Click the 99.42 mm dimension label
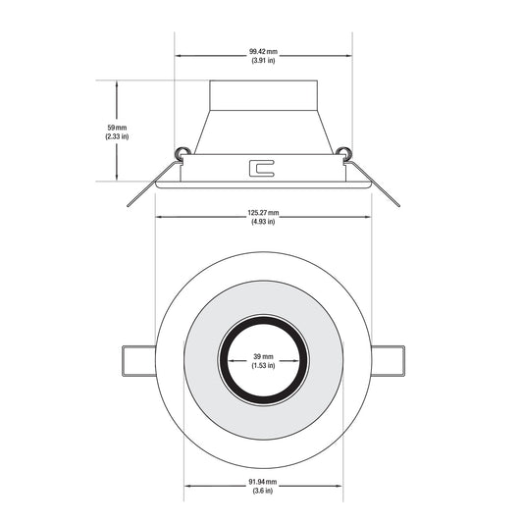pyautogui.click(x=263, y=52)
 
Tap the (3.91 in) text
pyautogui.click(x=263, y=61)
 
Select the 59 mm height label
pyautogui.click(x=117, y=128)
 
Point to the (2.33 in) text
pyautogui.click(x=117, y=136)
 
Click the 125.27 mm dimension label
pyautogui.click(x=263, y=213)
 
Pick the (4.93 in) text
pyautogui.click(x=263, y=222)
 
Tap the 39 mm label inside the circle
pyautogui.click(x=263, y=356)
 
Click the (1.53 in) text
pyautogui.click(x=263, y=366)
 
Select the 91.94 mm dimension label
pyautogui.click(x=263, y=482)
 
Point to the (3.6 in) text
pyautogui.click(x=263, y=491)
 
